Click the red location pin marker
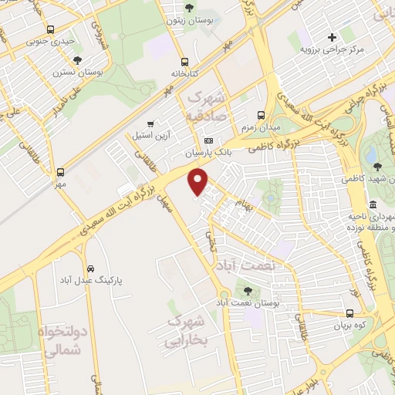pyautogui.click(x=199, y=182)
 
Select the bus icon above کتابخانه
pyautogui.click(x=184, y=62)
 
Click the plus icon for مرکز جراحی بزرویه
pyautogui.click(x=333, y=36)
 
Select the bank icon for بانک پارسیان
pyautogui.click(x=208, y=140)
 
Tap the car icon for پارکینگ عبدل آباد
pyautogui.click(x=91, y=268)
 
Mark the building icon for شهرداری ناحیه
pyautogui.click(x=373, y=204)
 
